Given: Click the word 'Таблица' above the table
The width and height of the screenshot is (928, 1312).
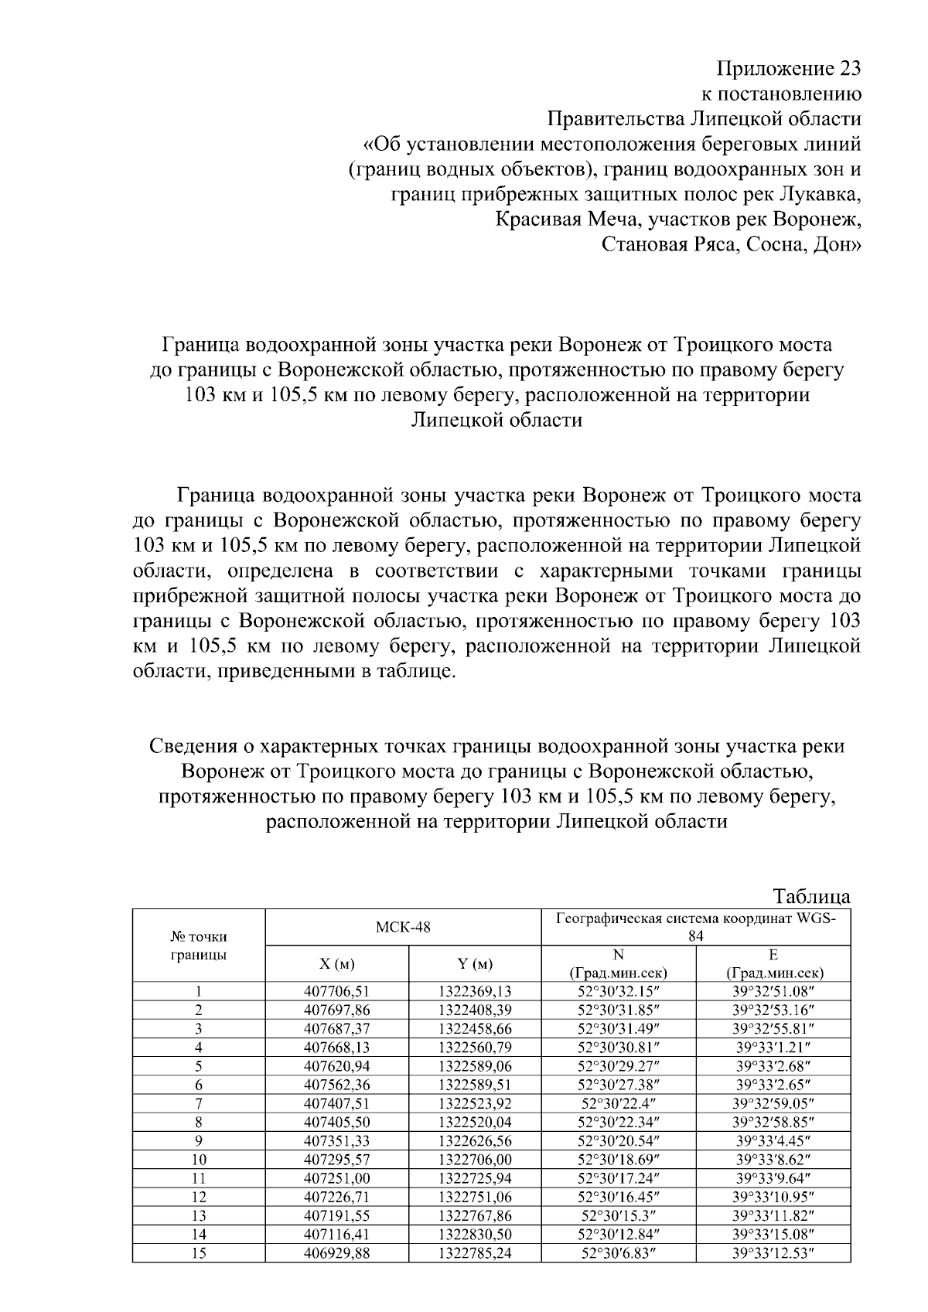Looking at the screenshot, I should [811, 897].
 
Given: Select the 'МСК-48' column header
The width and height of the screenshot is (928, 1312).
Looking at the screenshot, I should [402, 927].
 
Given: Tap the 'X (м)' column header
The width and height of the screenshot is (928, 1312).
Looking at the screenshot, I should [336, 964].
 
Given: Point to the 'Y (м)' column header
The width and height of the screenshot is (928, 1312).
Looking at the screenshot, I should [474, 964].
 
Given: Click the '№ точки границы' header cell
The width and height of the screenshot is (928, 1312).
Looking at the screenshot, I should [198, 946].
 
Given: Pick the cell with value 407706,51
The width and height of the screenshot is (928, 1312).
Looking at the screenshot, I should [336, 991].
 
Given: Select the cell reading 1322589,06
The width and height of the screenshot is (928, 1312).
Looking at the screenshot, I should [474, 1066].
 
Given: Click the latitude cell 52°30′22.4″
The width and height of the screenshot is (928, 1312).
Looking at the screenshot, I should [618, 1103].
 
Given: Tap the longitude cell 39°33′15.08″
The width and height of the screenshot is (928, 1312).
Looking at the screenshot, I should [773, 1234].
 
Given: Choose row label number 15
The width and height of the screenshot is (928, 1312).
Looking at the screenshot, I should [198, 1253].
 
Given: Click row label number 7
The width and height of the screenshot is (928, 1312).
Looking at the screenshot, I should [198, 1103].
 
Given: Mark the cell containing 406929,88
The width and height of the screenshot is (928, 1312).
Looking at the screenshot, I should [336, 1253].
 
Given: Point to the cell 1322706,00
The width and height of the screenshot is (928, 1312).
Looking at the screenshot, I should [474, 1160].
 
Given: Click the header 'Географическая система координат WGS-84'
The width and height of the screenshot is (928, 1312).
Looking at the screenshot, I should [695, 926].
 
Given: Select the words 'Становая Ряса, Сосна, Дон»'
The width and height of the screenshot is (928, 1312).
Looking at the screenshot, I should [731, 246].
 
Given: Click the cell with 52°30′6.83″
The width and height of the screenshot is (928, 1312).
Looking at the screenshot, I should [618, 1253].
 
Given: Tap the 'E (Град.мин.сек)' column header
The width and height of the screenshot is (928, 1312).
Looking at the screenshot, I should [773, 964].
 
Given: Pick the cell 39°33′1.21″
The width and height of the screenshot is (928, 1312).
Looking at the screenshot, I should [773, 1048].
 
